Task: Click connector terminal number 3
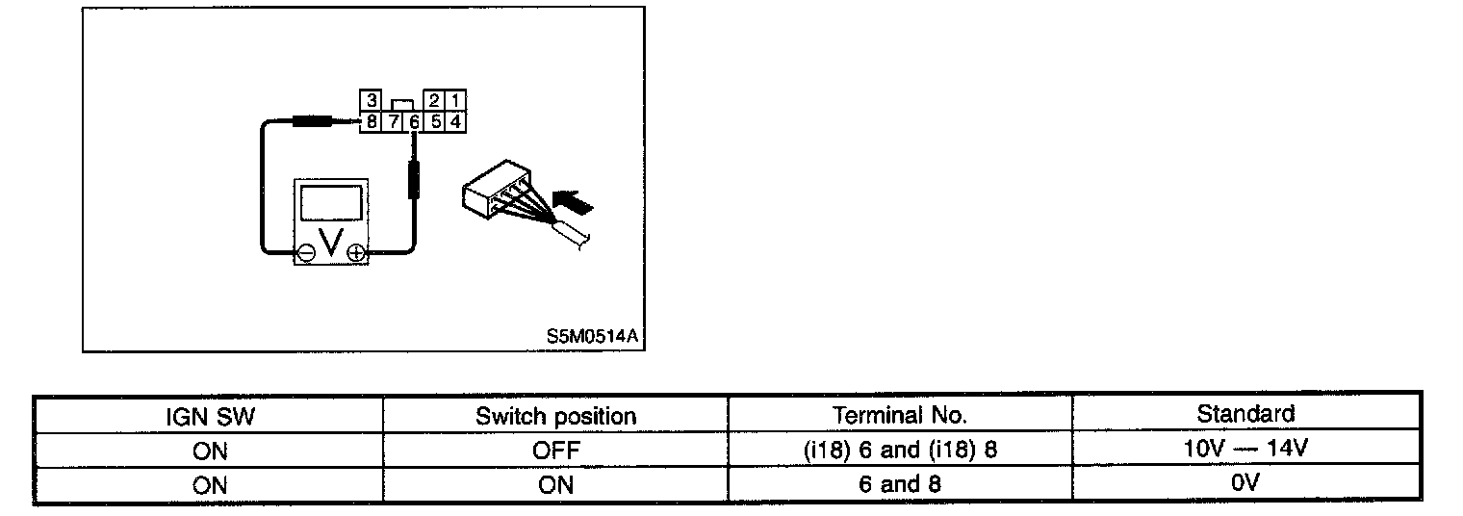pos(371,101)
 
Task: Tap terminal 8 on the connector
pos(371,122)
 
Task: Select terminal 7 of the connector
pos(393,122)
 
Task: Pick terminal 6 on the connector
pos(414,122)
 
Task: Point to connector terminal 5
pos(435,122)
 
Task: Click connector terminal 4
pos(456,122)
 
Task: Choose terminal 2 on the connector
pos(435,101)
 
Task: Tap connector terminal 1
pos(456,101)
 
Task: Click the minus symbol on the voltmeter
pos(305,253)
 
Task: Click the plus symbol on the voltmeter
pos(355,253)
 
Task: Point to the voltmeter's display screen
pos(330,205)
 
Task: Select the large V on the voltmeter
pos(330,247)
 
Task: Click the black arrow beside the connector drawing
pos(577,203)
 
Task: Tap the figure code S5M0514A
pos(592,336)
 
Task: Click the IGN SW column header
pos(209,416)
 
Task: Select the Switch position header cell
pos(555,416)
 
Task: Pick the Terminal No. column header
pos(899,416)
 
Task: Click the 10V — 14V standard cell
pos(1245,449)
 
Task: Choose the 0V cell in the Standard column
pos(1245,483)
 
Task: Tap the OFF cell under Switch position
pos(555,450)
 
